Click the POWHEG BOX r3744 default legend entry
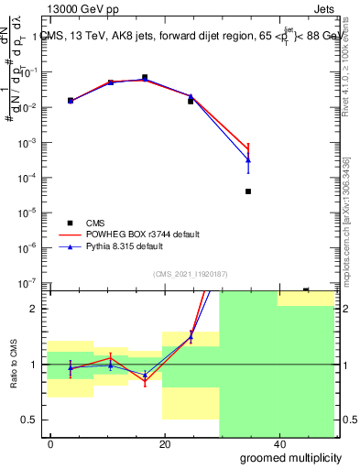coord(136,234)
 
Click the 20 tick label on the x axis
coord(164,444)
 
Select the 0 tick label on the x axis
coord(51,444)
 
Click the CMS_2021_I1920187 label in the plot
coord(190,273)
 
